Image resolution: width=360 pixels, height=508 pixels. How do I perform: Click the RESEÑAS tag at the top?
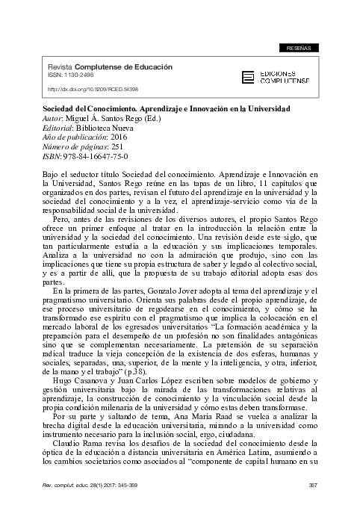coord(301,48)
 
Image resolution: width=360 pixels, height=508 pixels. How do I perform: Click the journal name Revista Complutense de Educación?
coord(111,67)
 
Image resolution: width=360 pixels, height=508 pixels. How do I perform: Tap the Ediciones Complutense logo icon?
coord(249,77)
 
